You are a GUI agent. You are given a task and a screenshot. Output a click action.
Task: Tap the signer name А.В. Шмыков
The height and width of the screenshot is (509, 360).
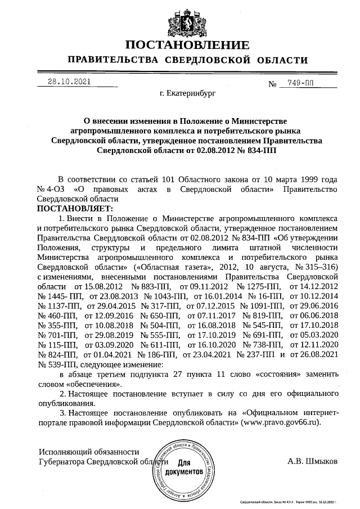coord(313,462)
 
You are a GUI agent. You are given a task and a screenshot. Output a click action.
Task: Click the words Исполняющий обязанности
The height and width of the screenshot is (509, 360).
coord(88,452)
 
